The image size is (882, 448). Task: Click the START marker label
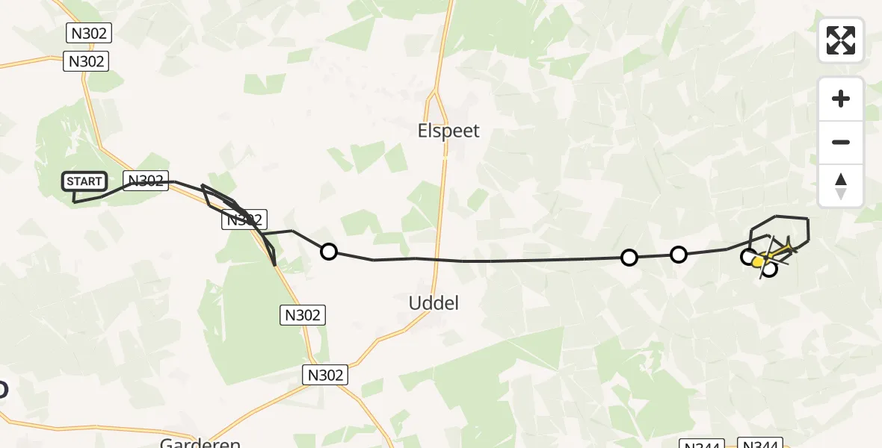point(84,181)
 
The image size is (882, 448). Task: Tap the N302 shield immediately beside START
point(145,181)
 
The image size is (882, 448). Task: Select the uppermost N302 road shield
point(89,33)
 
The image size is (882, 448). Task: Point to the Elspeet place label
point(448,131)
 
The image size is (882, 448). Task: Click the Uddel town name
point(434,303)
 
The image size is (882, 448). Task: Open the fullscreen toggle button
point(841,40)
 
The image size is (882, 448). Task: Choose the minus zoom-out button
point(841,142)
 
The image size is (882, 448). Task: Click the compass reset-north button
point(841,186)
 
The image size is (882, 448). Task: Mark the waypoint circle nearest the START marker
point(329,252)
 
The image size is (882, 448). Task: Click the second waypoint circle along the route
point(629,258)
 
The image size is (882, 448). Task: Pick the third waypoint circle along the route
point(678,255)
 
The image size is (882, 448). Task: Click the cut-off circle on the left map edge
point(2,389)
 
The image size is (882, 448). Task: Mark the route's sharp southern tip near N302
point(274,264)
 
